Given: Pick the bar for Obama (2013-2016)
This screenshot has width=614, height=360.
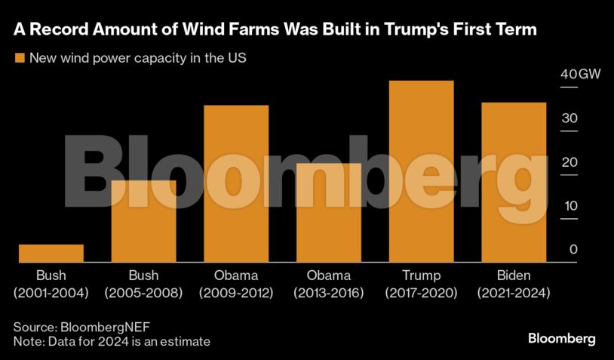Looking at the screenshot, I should [329, 213].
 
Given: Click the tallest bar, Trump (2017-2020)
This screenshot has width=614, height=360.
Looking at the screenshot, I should [421, 171].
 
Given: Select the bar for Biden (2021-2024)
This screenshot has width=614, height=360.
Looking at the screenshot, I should [514, 182].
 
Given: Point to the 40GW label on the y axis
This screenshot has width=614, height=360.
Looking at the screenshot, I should [579, 75].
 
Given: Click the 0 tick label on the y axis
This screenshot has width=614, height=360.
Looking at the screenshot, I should [573, 250].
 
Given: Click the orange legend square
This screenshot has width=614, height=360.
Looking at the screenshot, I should [18, 58].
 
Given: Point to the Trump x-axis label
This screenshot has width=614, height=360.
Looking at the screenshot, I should [421, 275].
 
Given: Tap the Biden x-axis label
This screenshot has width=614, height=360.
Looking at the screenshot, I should [514, 275].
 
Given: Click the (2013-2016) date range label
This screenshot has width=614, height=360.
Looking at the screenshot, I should [329, 292].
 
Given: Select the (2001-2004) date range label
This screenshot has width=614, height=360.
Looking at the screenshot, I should [51, 292].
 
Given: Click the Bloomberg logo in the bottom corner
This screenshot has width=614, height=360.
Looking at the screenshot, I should [562, 338].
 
